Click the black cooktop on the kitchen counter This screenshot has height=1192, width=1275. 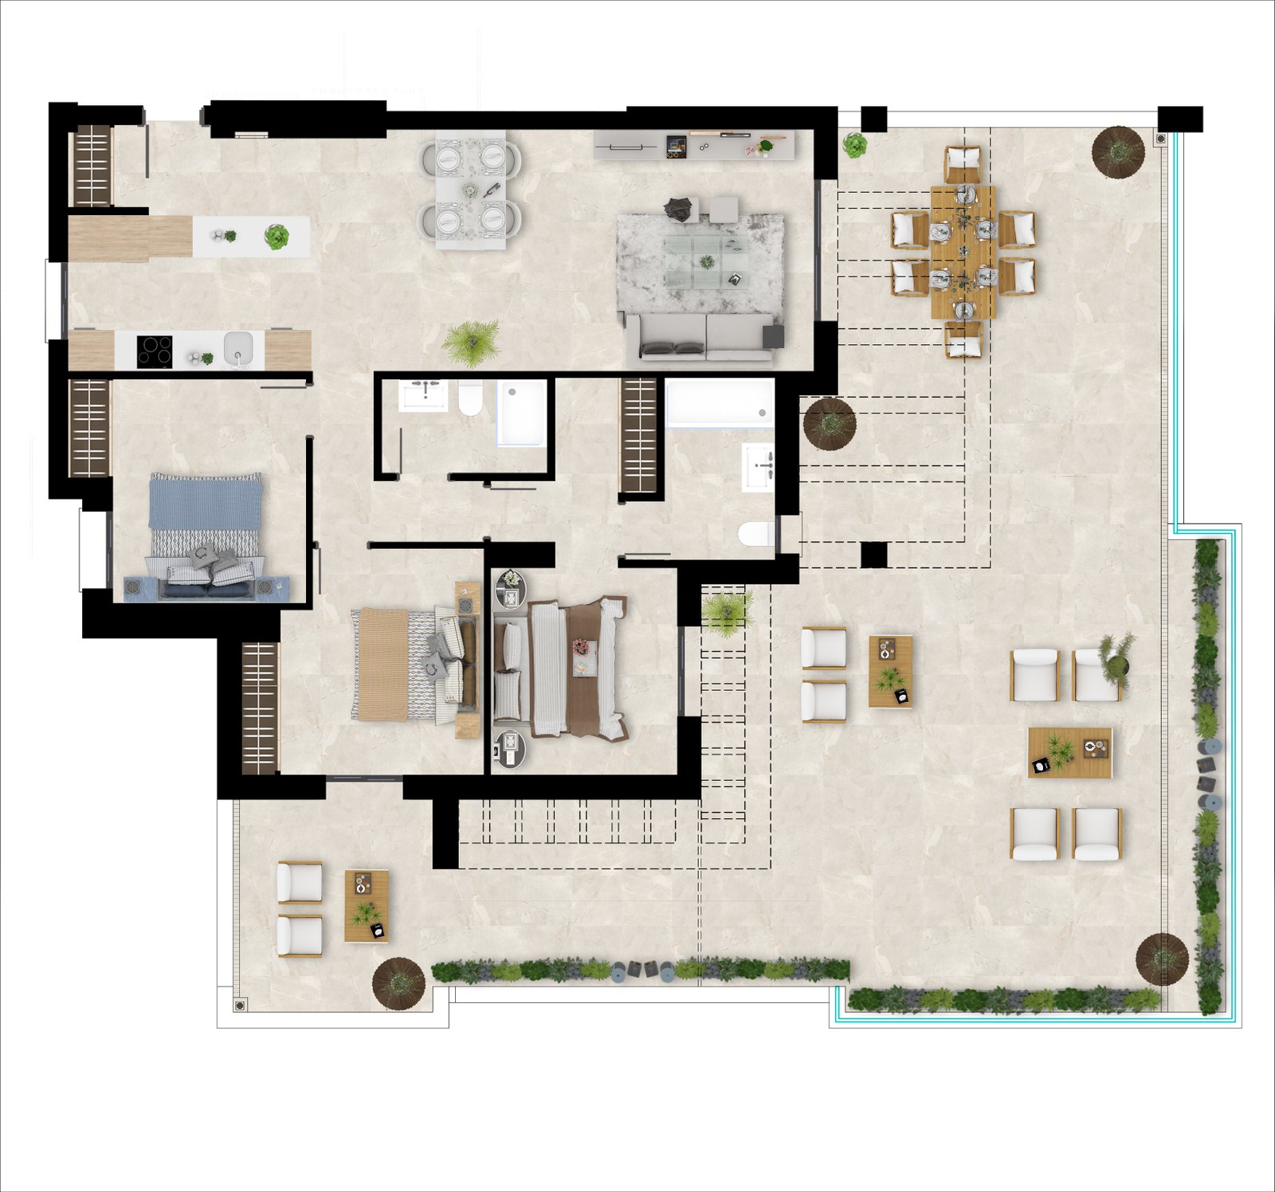click(x=155, y=351)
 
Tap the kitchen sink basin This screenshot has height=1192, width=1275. click(x=237, y=348)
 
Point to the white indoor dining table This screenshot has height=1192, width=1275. click(x=470, y=190)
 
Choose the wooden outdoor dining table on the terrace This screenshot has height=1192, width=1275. click(x=963, y=252)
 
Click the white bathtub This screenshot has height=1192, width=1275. click(x=719, y=403)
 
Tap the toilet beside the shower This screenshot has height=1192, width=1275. click(x=470, y=398)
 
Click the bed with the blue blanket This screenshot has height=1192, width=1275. click(x=206, y=532)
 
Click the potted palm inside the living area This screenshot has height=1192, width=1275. click(x=471, y=342)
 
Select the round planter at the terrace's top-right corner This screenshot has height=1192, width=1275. click(x=1118, y=151)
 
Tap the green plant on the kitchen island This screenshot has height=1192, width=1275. click(x=276, y=237)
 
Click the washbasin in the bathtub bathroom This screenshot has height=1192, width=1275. click(x=758, y=467)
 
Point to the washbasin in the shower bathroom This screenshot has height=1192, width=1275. click(x=424, y=395)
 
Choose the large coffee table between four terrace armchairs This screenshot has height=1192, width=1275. click(x=1069, y=752)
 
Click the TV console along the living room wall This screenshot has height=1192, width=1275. click(x=693, y=146)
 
